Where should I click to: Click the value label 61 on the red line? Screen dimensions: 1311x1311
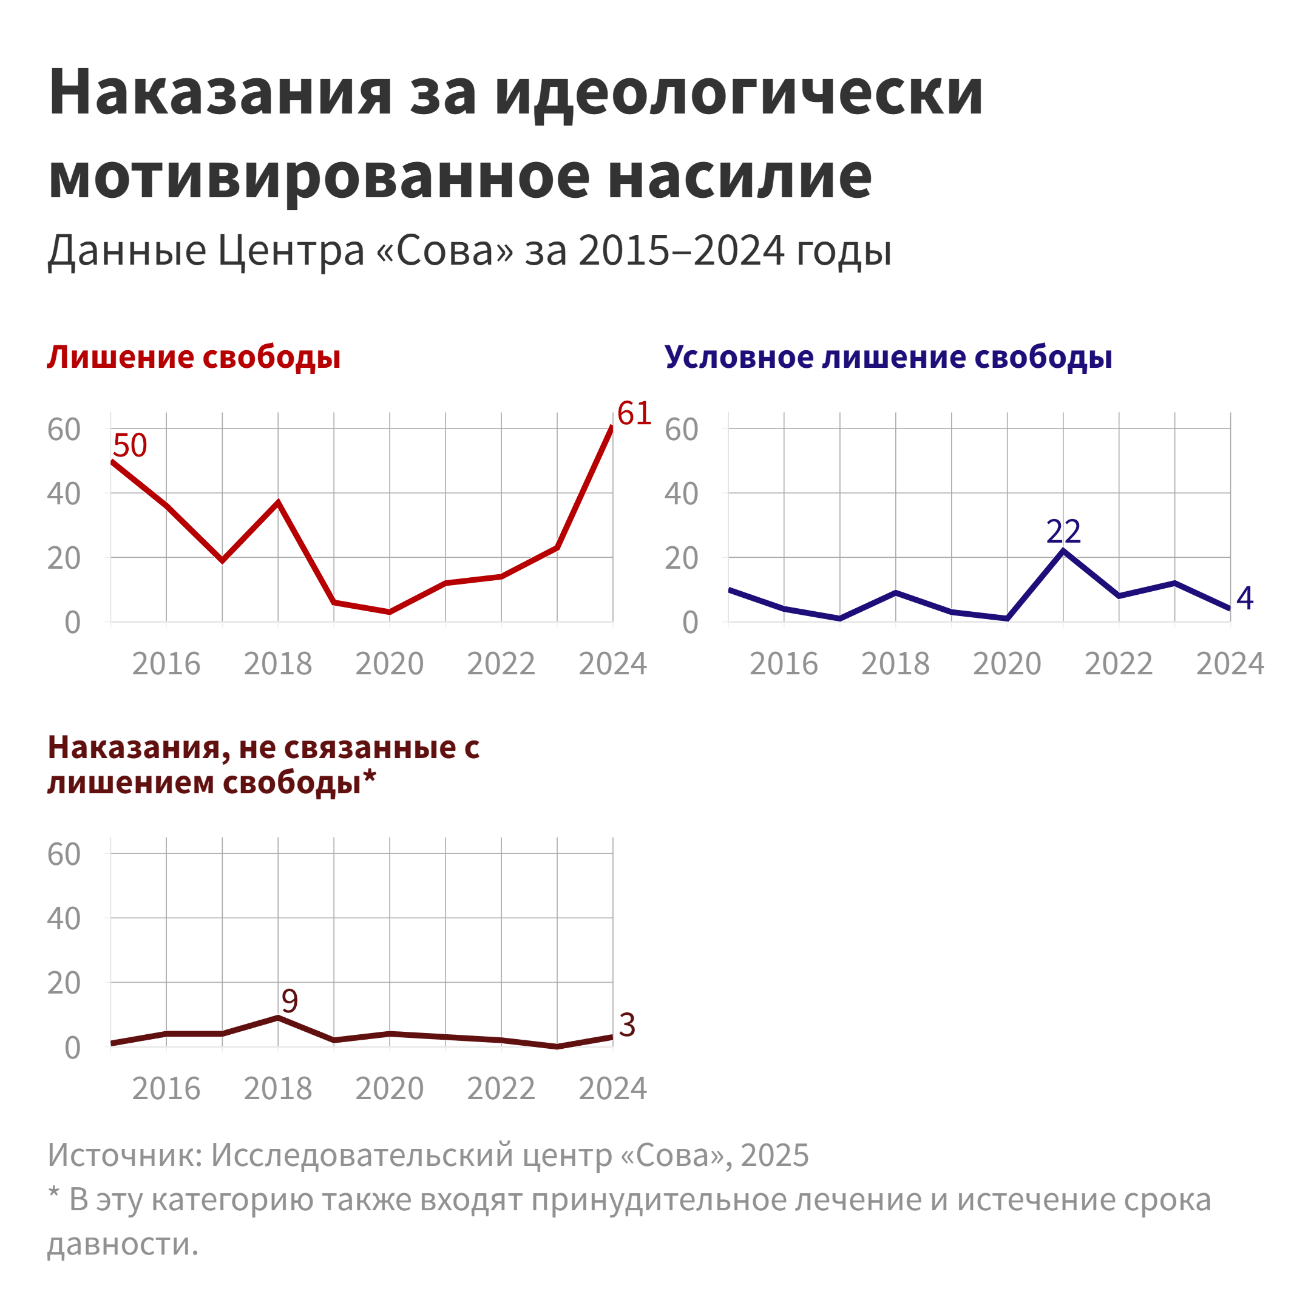pyautogui.click(x=634, y=413)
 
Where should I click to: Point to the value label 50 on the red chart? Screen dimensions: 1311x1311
pyautogui.click(x=130, y=446)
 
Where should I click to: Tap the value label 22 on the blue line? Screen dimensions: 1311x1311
pyautogui.click(x=1063, y=531)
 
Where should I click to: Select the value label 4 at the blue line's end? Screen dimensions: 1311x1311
pyautogui.click(x=1244, y=598)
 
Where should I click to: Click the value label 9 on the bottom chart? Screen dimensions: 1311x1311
pyautogui.click(x=290, y=1001)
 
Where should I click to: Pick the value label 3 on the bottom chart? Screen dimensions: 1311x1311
pyautogui.click(x=627, y=1025)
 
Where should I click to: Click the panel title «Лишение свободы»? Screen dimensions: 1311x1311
pyautogui.click(x=194, y=357)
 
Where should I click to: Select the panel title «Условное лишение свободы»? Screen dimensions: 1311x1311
pyautogui.click(x=887, y=357)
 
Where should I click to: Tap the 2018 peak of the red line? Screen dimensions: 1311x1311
pyautogui.click(x=278, y=502)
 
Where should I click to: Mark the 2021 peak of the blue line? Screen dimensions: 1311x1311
pyautogui.click(x=1063, y=551)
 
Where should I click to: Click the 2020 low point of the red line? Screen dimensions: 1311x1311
pyautogui.click(x=390, y=612)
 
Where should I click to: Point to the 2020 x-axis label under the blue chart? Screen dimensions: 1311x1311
pyautogui.click(x=1007, y=663)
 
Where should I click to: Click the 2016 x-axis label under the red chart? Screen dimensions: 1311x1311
pyautogui.click(x=166, y=663)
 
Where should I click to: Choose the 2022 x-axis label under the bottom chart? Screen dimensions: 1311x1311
pyautogui.click(x=501, y=1089)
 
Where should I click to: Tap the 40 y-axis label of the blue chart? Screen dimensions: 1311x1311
pyautogui.click(x=681, y=494)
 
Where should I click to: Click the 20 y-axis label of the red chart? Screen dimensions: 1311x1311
pyautogui.click(x=64, y=558)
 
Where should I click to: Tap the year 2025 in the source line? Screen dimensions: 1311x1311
pyautogui.click(x=774, y=1155)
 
